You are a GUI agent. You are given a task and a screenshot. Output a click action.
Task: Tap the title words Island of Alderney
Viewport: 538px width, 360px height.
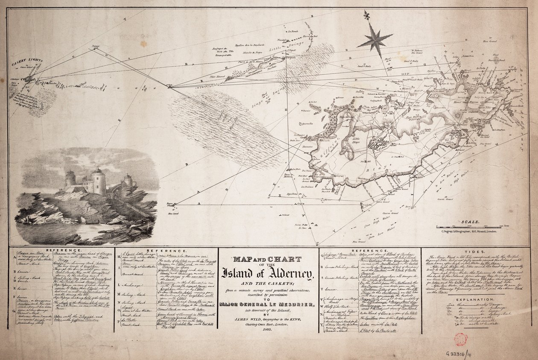point(268,273)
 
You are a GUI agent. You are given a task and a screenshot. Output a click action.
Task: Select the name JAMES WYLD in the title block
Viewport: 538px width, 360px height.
point(250,314)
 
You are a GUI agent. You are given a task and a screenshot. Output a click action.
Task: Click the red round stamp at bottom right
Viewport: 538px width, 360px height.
point(460,340)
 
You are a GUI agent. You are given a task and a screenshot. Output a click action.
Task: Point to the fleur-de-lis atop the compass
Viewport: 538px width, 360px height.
point(367,15)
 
